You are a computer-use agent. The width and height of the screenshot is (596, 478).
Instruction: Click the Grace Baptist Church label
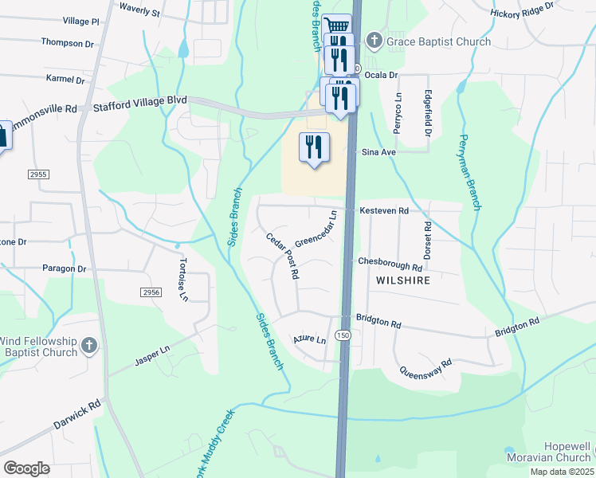click(x=439, y=41)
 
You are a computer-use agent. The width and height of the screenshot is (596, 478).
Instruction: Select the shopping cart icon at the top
click(x=338, y=25)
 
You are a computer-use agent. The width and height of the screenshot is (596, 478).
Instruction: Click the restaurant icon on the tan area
click(x=313, y=147)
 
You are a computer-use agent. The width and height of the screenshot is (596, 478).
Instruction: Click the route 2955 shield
click(x=38, y=174)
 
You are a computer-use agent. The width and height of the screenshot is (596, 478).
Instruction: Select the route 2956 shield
click(x=151, y=293)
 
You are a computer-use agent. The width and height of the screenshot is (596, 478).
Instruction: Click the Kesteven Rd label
click(x=384, y=211)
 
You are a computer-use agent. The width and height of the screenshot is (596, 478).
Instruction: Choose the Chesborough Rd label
click(x=390, y=262)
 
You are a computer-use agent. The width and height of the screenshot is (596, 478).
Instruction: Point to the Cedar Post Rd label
click(x=283, y=255)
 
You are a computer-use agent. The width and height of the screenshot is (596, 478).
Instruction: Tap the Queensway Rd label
click(x=425, y=367)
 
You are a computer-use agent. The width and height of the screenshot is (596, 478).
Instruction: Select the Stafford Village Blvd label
click(x=140, y=102)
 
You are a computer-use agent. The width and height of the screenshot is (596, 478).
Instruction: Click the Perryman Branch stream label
click(x=469, y=171)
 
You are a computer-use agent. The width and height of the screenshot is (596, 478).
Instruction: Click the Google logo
click(x=26, y=468)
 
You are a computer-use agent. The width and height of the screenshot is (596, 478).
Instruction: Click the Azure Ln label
click(x=310, y=340)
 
